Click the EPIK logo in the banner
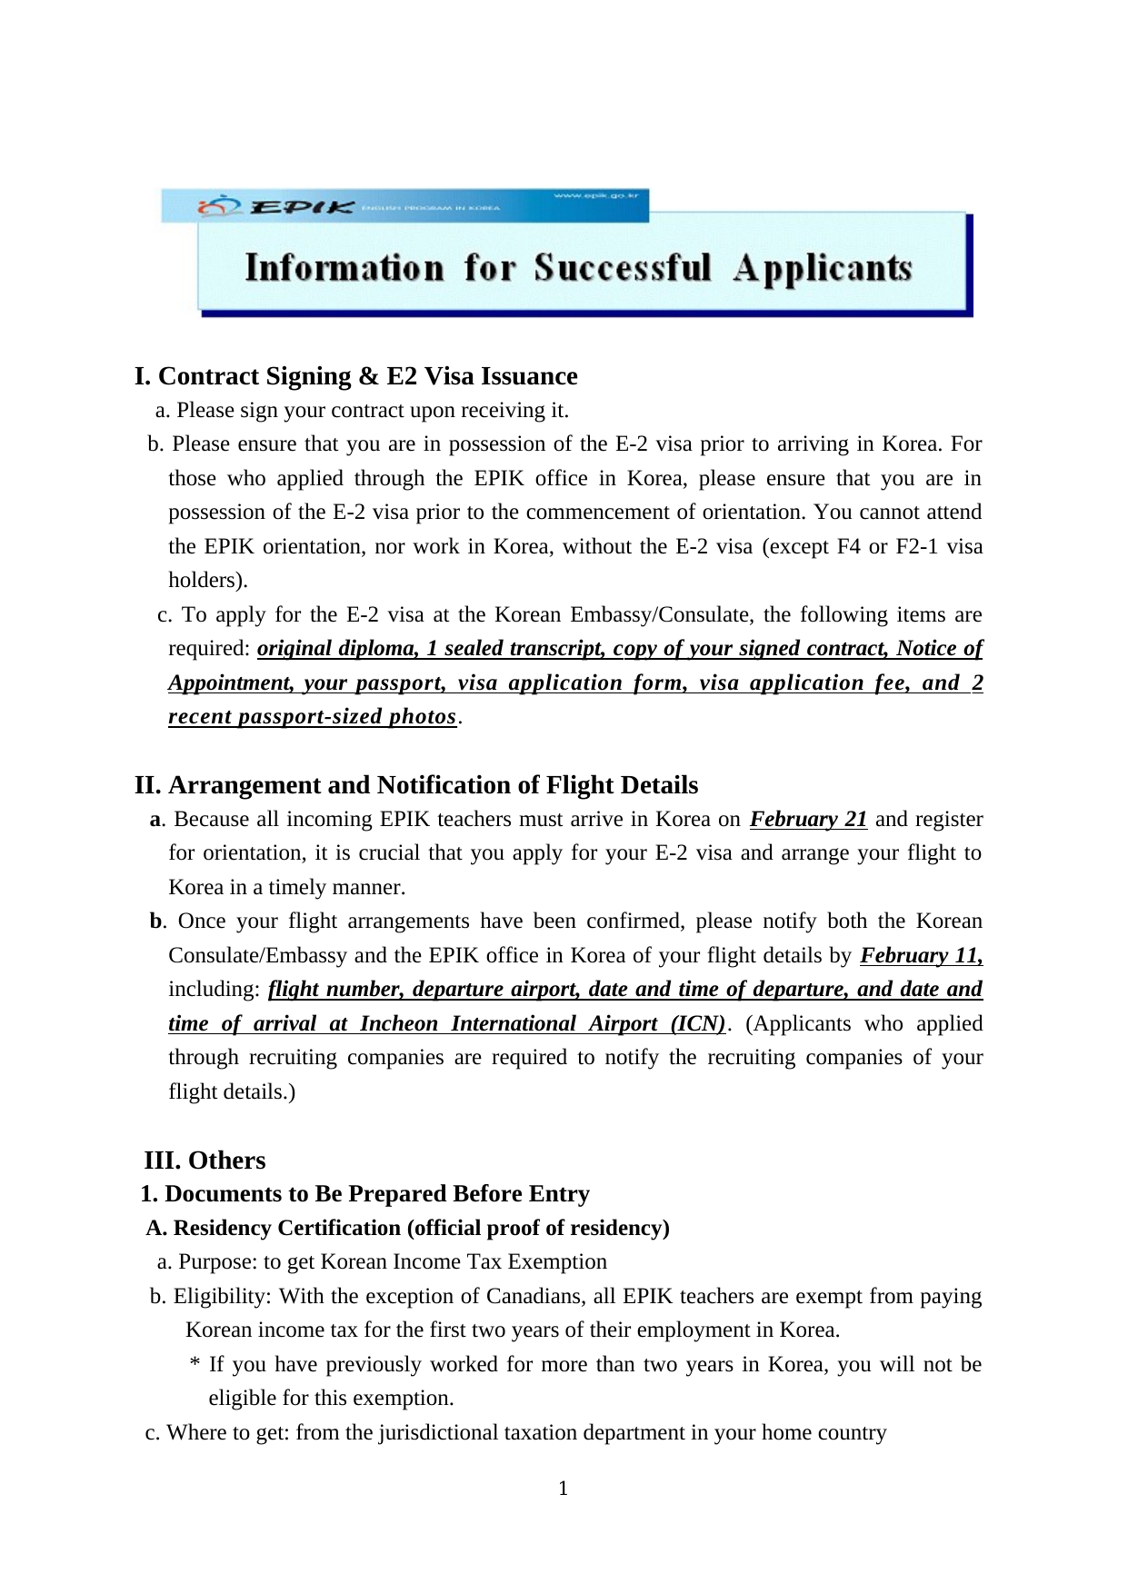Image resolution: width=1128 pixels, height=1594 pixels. (x=277, y=207)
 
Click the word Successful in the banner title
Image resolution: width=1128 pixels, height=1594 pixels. (x=623, y=268)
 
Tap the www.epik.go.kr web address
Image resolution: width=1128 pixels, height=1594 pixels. (x=596, y=195)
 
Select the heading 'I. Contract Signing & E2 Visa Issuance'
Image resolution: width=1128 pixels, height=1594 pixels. (x=355, y=376)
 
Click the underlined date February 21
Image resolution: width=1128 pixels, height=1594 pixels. (x=808, y=819)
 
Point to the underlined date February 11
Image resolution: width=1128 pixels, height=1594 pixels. (x=921, y=955)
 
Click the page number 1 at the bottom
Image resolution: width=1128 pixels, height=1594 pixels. (x=564, y=1488)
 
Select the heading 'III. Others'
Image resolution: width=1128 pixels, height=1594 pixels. (x=205, y=1161)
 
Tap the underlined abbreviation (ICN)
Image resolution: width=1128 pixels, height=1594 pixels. (x=697, y=1023)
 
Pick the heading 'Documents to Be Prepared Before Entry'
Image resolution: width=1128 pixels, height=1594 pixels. (x=377, y=1194)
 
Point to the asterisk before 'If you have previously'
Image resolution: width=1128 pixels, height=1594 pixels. (x=195, y=1365)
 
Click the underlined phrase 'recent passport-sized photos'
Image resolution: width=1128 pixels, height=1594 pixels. (x=312, y=717)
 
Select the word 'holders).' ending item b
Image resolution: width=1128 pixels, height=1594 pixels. (x=208, y=580)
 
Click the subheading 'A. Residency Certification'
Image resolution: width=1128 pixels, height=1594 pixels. (x=407, y=1228)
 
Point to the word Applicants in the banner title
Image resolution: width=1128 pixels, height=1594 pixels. (x=824, y=268)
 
